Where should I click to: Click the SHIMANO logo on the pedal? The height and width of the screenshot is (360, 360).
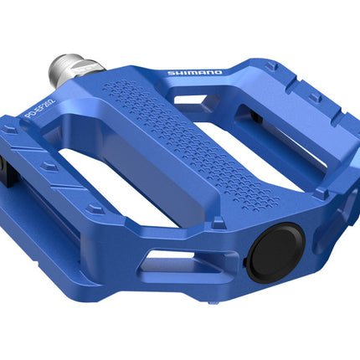click(194, 73)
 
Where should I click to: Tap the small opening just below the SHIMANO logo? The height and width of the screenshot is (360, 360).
click(201, 95)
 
